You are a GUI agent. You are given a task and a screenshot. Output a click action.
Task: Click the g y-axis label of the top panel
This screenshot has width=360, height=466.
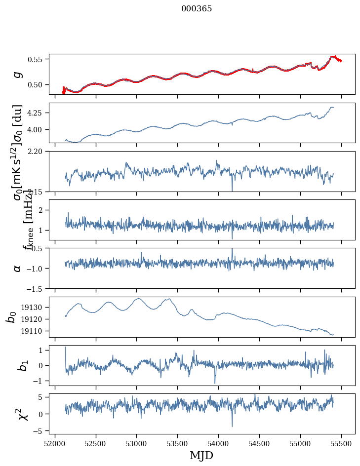point(17,74)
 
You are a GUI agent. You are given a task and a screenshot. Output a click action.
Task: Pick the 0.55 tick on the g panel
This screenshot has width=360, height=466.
point(39,59)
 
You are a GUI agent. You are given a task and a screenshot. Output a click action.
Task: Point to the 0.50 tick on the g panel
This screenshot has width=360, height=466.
point(39,84)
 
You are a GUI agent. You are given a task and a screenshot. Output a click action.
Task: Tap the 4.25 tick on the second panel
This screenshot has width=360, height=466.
point(39,113)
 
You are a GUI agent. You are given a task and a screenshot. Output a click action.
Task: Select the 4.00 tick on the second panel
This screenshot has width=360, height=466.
point(39,129)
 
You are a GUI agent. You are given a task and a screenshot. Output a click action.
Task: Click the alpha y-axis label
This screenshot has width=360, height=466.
point(17,268)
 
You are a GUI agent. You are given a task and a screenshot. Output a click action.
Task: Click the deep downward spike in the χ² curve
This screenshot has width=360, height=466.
point(232,426)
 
